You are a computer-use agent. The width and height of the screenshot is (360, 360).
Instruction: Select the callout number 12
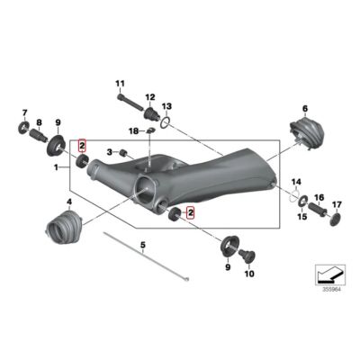click(x=150, y=95)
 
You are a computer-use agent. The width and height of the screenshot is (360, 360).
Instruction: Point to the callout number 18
click(x=133, y=131)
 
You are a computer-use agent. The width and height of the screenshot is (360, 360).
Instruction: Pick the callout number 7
click(x=24, y=112)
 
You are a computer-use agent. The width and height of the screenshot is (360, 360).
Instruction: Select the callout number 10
click(x=250, y=274)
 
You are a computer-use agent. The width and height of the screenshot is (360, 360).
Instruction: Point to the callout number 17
click(x=337, y=204)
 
